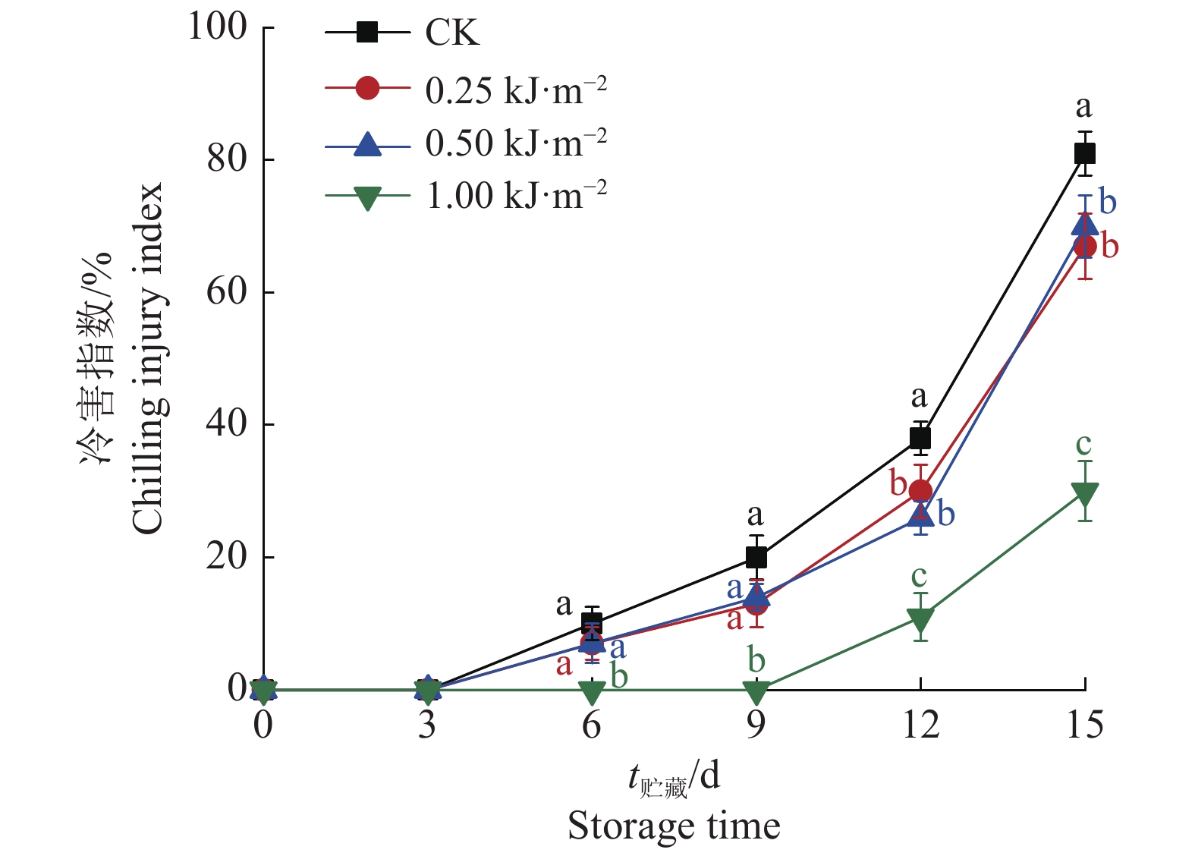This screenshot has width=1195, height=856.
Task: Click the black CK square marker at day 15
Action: (x=1084, y=154)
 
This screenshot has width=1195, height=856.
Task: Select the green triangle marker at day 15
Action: (x=1084, y=494)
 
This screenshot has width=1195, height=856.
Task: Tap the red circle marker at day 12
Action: (x=920, y=491)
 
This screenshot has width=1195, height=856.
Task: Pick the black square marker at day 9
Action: (x=756, y=558)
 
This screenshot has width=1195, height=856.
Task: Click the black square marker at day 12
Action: (x=920, y=438)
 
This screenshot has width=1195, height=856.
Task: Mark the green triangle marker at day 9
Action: (x=756, y=691)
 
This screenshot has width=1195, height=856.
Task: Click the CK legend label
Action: (x=452, y=33)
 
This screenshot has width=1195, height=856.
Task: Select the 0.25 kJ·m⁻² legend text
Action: (x=516, y=90)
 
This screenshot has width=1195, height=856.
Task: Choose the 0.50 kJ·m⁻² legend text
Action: (x=516, y=143)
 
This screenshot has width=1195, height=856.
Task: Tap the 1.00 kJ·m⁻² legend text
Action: (x=516, y=196)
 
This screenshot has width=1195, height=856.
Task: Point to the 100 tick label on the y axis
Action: (x=218, y=27)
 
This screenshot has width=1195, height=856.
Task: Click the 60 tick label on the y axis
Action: (x=227, y=292)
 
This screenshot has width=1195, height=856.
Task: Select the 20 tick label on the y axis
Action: (x=227, y=557)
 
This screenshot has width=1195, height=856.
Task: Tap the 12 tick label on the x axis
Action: (x=920, y=725)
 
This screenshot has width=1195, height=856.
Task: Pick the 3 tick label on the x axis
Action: (x=427, y=725)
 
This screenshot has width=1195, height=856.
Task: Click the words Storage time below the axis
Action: (x=674, y=826)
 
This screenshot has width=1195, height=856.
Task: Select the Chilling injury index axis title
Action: (x=147, y=358)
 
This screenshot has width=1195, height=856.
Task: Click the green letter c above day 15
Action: (x=1083, y=444)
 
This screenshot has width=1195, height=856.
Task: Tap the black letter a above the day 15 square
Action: (x=1083, y=107)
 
